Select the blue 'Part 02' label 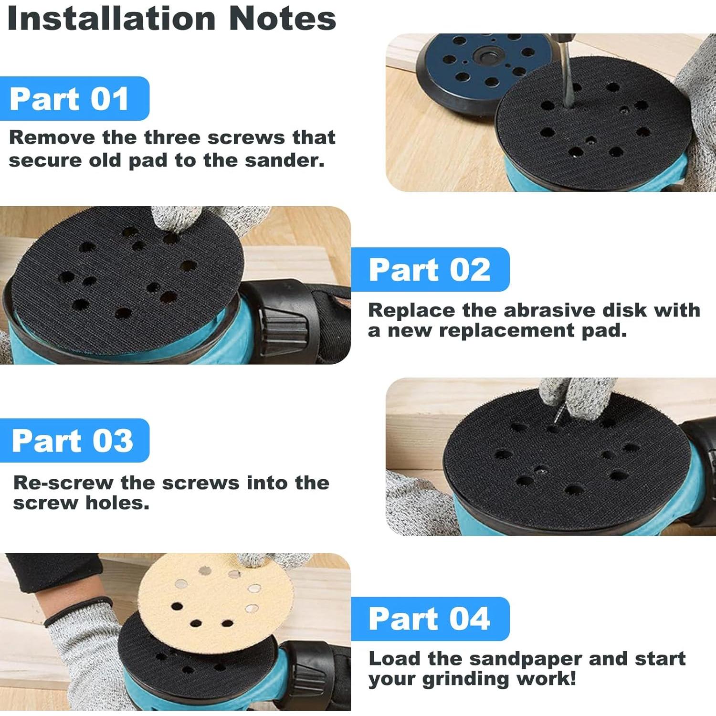(x=430, y=270)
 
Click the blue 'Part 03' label (x=73, y=440)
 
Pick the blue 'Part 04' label (x=430, y=619)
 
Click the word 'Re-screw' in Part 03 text (x=63, y=483)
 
